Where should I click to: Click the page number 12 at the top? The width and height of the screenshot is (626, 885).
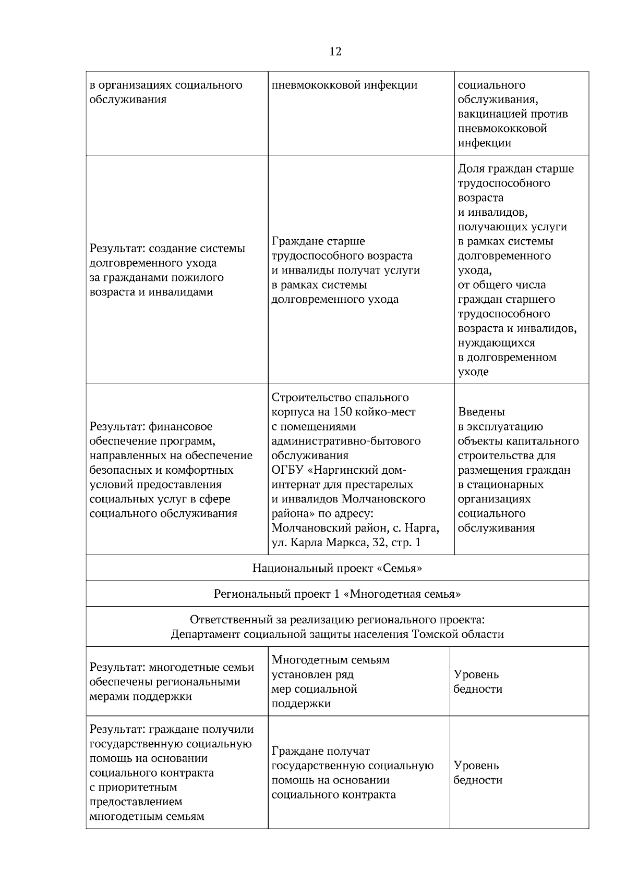[335, 52]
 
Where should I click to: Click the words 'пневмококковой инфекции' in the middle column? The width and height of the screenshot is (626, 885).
[344, 85]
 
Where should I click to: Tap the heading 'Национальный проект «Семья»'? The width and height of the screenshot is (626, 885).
[337, 568]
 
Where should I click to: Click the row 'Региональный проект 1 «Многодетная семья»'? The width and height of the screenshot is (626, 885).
[337, 594]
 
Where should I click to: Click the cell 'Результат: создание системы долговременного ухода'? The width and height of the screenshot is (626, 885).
[167, 270]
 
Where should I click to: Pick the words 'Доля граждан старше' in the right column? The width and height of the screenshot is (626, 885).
[515, 169]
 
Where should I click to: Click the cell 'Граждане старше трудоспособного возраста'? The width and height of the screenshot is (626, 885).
[345, 270]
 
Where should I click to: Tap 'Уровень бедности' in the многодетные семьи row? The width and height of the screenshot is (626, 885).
[477, 682]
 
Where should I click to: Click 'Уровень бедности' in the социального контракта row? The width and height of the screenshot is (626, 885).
[477, 773]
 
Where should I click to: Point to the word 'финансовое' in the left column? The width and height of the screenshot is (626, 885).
[180, 427]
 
